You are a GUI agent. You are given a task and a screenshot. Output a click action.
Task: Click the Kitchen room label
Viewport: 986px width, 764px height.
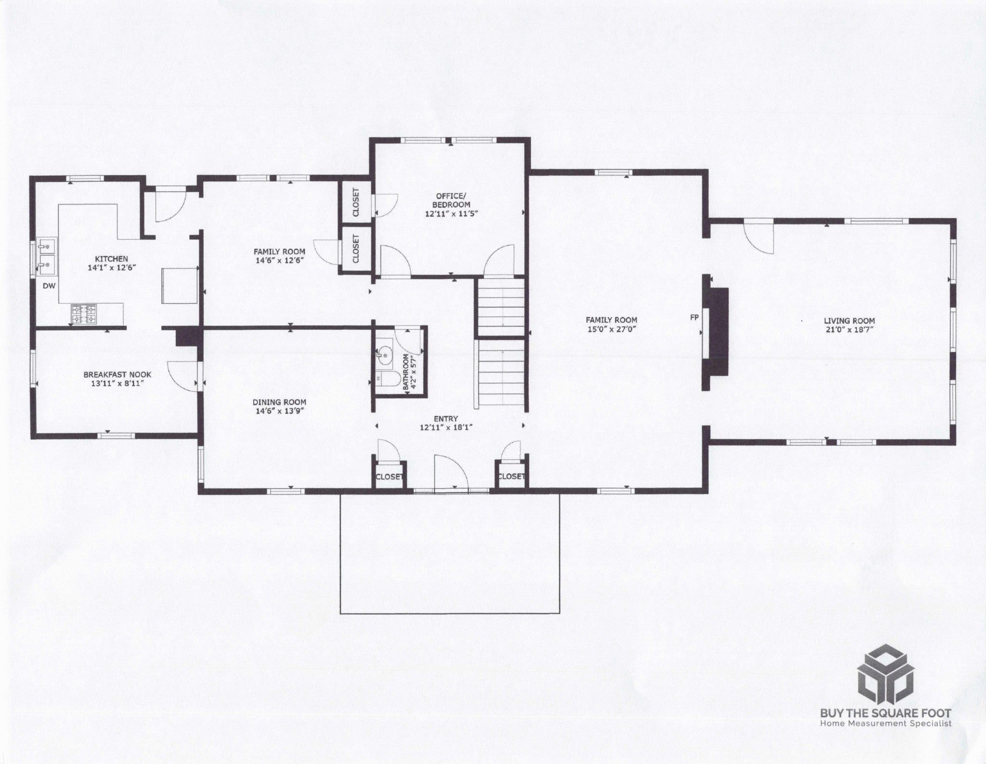pyautogui.click(x=111, y=259)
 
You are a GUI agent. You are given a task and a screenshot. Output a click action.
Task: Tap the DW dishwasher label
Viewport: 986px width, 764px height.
pyautogui.click(x=50, y=286)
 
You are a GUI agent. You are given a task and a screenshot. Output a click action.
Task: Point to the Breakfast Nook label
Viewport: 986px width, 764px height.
pyautogui.click(x=117, y=375)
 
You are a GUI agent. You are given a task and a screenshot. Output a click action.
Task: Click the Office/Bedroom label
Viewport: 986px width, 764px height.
pyautogui.click(x=451, y=200)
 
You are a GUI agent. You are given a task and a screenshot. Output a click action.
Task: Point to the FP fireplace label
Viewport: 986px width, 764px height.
pyautogui.click(x=694, y=318)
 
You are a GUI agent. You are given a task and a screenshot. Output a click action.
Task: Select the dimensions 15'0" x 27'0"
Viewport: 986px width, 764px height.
pyautogui.click(x=611, y=329)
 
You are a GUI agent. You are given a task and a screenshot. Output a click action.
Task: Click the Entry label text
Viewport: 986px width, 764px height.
pyautogui.click(x=446, y=419)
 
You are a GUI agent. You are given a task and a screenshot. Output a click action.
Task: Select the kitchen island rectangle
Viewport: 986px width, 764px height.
pyautogui.click(x=180, y=286)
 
